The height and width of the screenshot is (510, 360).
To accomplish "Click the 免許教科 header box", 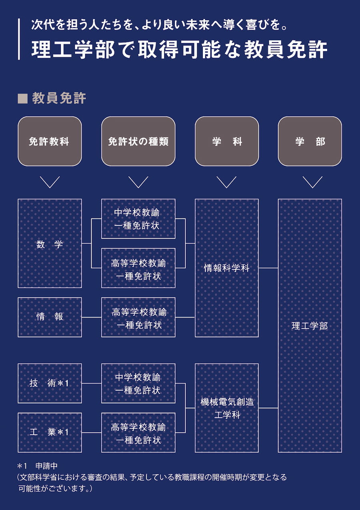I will (50, 141).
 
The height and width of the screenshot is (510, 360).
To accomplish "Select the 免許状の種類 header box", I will (138, 141).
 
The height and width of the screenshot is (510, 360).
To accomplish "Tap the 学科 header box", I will (227, 141).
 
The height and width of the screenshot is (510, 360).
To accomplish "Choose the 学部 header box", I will (310, 141).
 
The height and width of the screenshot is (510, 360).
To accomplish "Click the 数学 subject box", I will (50, 243).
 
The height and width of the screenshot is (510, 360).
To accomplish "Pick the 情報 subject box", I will (50, 317).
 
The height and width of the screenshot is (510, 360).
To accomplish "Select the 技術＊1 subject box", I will (50, 383).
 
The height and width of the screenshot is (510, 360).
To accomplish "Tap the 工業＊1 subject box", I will (50, 432).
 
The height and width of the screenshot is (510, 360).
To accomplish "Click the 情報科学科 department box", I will (227, 268).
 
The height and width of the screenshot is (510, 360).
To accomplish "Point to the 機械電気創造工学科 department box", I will (227, 408).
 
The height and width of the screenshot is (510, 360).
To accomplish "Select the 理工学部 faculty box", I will (310, 325).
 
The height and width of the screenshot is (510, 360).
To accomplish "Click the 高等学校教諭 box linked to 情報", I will (138, 317).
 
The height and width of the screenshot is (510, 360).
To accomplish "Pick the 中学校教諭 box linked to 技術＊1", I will (138, 383).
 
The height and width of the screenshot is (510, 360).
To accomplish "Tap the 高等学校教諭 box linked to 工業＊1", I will (138, 432).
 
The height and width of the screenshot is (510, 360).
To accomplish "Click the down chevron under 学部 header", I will (312, 182).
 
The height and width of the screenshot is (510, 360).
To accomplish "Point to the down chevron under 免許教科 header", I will (50, 182).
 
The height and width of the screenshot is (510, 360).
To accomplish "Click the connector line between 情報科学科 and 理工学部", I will (268, 268).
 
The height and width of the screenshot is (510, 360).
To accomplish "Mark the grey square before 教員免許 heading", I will (23, 98).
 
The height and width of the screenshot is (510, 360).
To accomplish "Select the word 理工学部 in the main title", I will (72, 50).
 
